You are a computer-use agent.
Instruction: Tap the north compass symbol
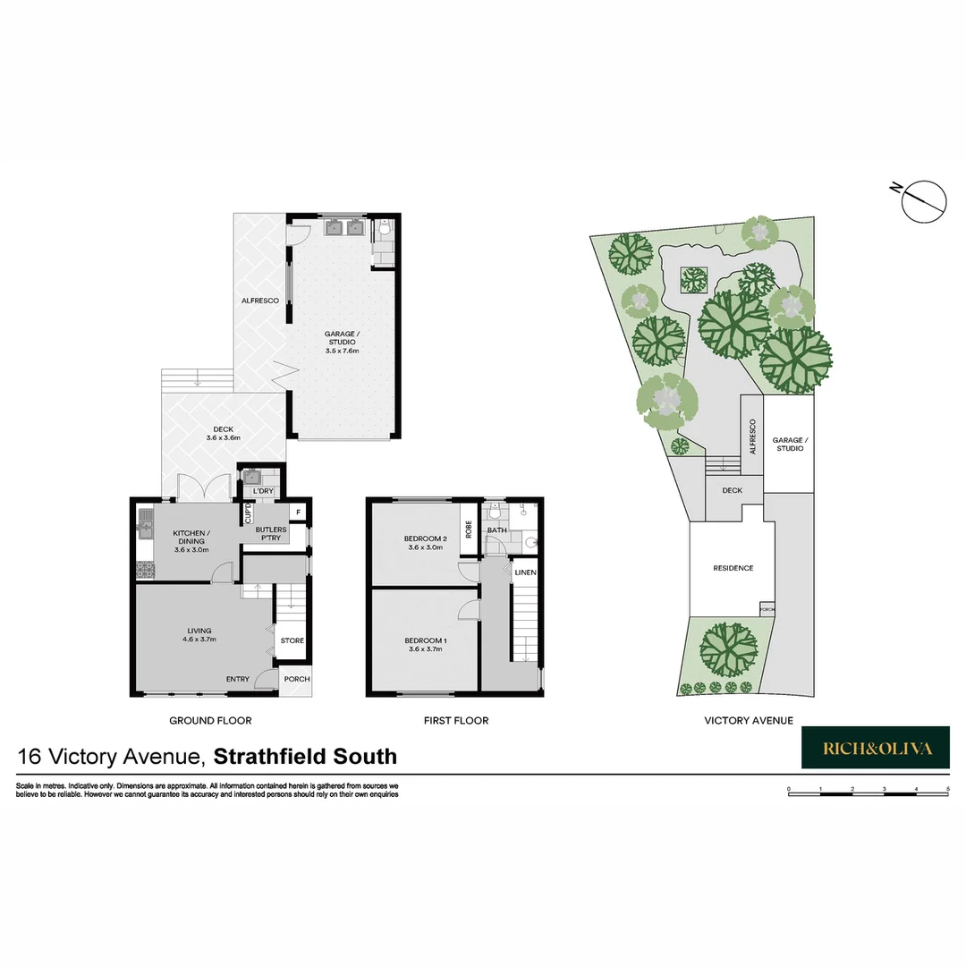[923, 199]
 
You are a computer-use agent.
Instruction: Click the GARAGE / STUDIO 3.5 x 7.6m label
[342, 342]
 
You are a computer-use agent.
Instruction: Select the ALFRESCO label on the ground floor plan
[260, 301]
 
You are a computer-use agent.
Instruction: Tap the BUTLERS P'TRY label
[271, 535]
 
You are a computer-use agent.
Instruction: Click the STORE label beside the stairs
[292, 640]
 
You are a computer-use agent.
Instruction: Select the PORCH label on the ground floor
[296, 679]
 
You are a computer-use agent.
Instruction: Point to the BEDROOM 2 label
[424, 542]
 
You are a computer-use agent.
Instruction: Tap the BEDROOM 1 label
[425, 645]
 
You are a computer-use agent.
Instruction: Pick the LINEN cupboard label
[525, 572]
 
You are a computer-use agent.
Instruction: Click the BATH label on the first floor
[496, 530]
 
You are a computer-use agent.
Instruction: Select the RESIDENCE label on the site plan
[733, 568]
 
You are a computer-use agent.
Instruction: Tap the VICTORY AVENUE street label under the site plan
[749, 720]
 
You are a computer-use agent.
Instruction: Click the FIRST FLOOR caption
[456, 720]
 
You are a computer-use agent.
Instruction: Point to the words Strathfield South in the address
[306, 757]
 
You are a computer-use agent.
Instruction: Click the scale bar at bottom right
[868, 792]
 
